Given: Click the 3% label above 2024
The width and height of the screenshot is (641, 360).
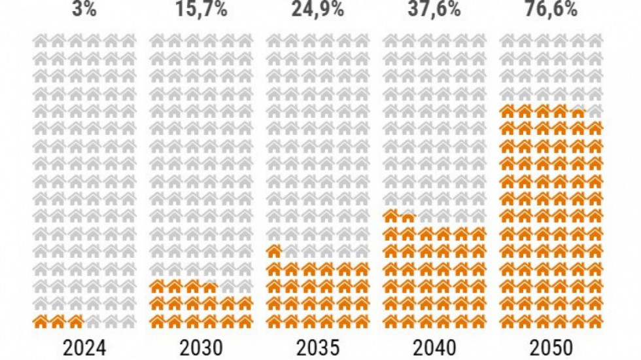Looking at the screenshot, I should (x=85, y=9).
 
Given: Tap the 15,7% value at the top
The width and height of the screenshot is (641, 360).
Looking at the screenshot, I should (x=201, y=9).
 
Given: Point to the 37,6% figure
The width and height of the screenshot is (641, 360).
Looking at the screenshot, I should (x=434, y=9).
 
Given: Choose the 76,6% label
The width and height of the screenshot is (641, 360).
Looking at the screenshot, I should (x=550, y=9).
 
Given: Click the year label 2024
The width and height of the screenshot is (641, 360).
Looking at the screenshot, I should (x=85, y=346).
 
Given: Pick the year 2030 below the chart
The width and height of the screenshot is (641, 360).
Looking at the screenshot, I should (x=201, y=346).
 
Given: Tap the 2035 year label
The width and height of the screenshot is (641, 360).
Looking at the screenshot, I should (x=317, y=346).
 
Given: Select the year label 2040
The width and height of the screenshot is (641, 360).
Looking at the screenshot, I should (x=434, y=346).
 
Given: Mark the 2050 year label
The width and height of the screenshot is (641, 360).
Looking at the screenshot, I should (x=550, y=346).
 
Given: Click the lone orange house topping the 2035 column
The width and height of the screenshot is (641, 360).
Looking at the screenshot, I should (x=275, y=251).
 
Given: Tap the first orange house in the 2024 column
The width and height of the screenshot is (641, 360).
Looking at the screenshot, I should (x=41, y=321).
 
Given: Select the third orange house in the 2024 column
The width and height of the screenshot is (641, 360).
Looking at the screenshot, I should (x=76, y=321).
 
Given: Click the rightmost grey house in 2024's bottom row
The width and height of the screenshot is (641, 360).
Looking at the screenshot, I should (x=128, y=321).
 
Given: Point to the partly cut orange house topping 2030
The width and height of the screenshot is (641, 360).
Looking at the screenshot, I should (x=210, y=286).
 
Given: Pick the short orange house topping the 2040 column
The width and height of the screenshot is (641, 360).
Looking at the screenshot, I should (x=408, y=217).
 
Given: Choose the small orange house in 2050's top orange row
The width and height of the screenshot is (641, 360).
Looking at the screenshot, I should (x=578, y=112).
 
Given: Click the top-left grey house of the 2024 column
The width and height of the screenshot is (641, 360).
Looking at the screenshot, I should (x=41, y=40).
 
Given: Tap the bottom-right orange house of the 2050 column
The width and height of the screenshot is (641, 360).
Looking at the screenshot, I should (x=595, y=321).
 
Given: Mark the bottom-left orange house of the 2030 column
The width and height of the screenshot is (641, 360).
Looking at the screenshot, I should (x=158, y=321).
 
